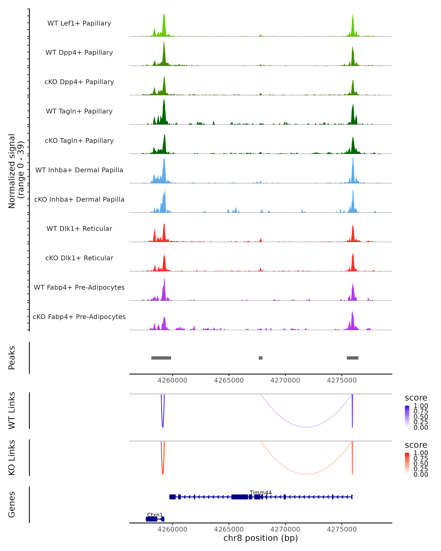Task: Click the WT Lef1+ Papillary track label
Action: [79, 23]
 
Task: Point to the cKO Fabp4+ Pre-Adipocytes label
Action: [79, 317]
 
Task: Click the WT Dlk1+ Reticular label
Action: [79, 228]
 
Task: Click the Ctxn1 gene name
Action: [155, 515]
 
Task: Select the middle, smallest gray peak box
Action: [261, 358]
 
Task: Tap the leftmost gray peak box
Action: [161, 358]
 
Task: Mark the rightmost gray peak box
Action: [353, 358]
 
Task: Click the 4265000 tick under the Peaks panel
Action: [229, 380]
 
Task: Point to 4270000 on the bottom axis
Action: [285, 529]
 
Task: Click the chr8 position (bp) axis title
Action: [261, 538]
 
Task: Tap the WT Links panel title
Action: [12, 410]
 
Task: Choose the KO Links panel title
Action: [12, 458]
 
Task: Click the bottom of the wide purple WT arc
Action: [306, 427]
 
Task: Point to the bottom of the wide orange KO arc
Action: [306, 474]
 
